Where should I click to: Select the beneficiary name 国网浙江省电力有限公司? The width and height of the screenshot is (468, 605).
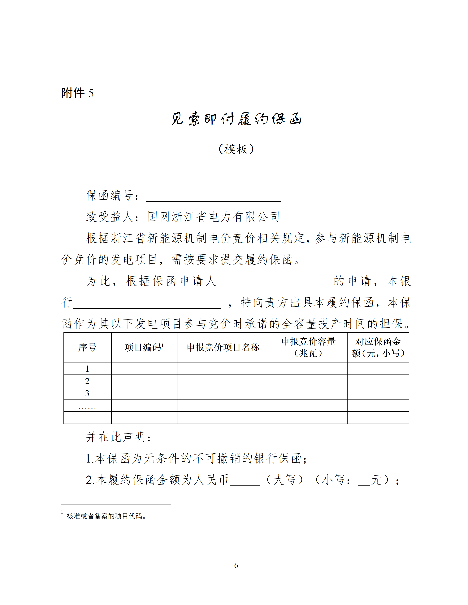[x=214, y=217]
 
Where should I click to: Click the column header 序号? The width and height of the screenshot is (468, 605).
[x=87, y=347]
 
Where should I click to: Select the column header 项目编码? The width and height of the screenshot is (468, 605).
[x=144, y=347]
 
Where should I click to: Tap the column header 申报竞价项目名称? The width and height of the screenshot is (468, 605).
[x=223, y=347]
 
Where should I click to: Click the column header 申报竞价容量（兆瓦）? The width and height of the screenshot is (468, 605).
[x=308, y=347]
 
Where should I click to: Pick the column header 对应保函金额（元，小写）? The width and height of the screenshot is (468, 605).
[x=378, y=347]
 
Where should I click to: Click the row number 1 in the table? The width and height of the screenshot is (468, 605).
[x=87, y=369]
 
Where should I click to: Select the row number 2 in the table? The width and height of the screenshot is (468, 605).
[x=87, y=381]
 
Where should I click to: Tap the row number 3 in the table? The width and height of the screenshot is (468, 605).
[x=87, y=393]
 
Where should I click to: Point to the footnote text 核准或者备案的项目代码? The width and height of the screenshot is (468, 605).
[x=106, y=516]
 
